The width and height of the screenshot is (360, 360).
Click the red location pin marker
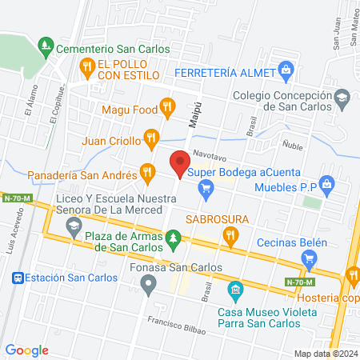coord(179,166)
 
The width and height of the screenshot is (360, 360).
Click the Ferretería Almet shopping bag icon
coord(286,70)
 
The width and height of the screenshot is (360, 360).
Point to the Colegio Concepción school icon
coord(342,98)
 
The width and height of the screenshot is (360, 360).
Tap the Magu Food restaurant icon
coord(166,106)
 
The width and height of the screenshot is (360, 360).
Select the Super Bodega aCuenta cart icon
coord(206,189)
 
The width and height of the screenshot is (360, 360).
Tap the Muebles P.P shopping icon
coord(326,184)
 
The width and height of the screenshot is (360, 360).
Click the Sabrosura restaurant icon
coord(230,234)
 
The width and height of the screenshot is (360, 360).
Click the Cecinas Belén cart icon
coord(310,258)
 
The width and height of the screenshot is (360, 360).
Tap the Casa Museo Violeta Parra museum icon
coord(234,288)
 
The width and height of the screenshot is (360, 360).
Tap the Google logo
coord(27,350)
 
